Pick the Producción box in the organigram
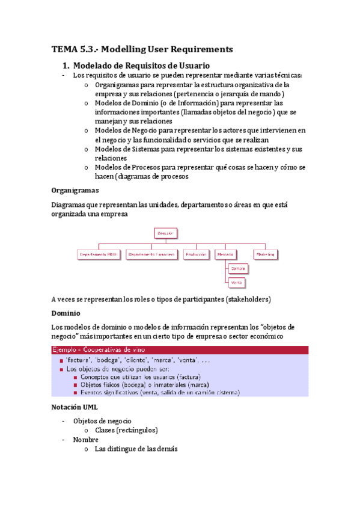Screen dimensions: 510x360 point(196,254)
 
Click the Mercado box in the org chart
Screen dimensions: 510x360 point(225,254)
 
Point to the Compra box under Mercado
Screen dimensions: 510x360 point(238,268)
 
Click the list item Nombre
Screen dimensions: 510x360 point(85,440)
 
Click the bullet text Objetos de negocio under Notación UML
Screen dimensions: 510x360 point(102,421)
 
